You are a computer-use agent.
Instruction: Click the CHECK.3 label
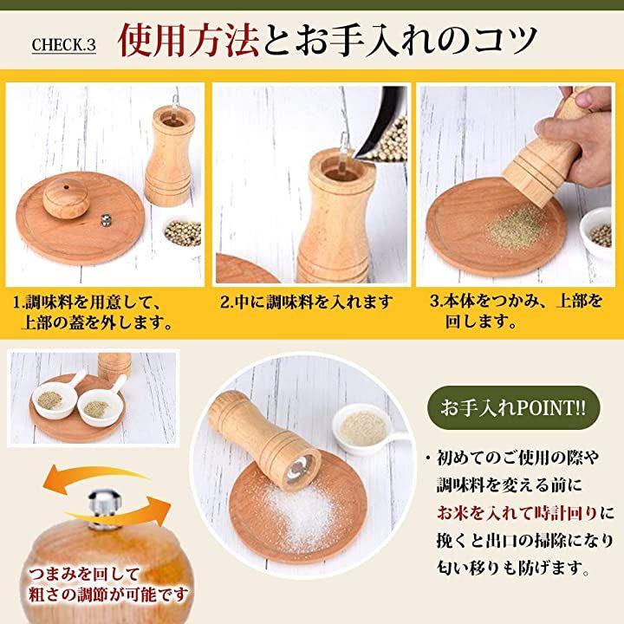click(x=63, y=45)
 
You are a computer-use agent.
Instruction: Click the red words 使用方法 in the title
click(x=188, y=41)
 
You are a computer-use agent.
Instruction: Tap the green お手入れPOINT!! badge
click(x=513, y=407)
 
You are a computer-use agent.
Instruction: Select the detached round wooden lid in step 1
click(x=66, y=198)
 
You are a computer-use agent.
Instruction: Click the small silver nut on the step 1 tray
click(x=105, y=220)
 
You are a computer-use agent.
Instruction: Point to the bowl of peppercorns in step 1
click(x=183, y=232)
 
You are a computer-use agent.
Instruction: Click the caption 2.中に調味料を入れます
click(x=307, y=302)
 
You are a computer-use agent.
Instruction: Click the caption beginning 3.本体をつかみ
click(x=517, y=311)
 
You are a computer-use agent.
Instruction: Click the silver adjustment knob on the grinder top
click(x=105, y=509)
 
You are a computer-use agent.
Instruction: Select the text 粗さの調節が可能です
click(x=107, y=595)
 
